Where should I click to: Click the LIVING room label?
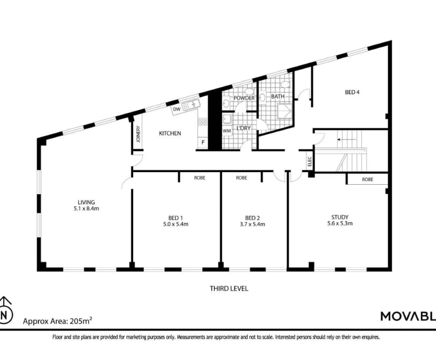click(x=86, y=202)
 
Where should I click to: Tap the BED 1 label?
click(x=175, y=217)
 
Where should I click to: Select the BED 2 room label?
click(x=252, y=217)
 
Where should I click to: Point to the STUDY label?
click(x=340, y=217)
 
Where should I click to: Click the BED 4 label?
click(x=352, y=92)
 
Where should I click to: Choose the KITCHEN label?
click(x=170, y=134)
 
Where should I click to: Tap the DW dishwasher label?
click(x=176, y=109)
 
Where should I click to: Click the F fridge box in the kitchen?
click(x=203, y=142)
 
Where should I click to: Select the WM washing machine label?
click(x=227, y=131)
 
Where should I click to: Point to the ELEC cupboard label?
click(x=310, y=161)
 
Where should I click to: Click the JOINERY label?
click(x=138, y=135)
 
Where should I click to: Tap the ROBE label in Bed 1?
click(x=200, y=178)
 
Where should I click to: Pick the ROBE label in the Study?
click(x=368, y=179)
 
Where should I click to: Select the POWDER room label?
click(x=244, y=98)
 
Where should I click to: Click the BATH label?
click(x=278, y=97)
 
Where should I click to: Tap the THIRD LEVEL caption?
click(x=229, y=288)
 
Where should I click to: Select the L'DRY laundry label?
click(x=243, y=128)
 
